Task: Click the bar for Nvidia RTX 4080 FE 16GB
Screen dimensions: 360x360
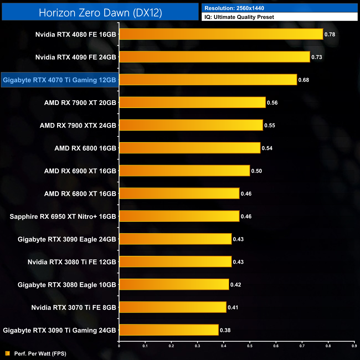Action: tap(221, 34)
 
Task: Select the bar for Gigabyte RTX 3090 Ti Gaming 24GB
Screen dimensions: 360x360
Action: tap(169, 330)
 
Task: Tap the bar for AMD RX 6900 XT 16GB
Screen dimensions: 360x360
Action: tap(184, 171)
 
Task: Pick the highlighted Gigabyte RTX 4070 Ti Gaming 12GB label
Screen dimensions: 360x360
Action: tap(60, 80)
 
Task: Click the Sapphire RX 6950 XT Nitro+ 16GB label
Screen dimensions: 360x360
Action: tap(63, 217)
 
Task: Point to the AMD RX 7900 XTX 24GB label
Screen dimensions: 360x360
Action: tap(78, 125)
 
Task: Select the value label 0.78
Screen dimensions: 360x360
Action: tap(330, 34)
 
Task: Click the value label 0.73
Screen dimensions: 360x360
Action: tap(317, 57)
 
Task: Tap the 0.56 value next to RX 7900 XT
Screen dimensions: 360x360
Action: tap(272, 103)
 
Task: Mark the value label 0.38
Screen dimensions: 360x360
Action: tap(225, 330)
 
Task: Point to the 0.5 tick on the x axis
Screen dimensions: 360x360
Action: tap(250, 346)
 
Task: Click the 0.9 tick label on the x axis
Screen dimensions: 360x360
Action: tap(354, 346)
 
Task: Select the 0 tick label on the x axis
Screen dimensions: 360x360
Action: tap(119, 346)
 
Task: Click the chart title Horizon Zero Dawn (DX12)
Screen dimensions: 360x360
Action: tap(100, 12)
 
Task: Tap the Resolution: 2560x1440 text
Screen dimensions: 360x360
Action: tap(234, 8)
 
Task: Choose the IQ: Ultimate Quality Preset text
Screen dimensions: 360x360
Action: tap(239, 17)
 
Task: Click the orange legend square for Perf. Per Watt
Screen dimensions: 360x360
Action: tap(7, 353)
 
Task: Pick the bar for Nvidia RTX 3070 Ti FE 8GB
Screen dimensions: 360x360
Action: tap(173, 307)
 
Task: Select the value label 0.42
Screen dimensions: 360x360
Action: tap(236, 285)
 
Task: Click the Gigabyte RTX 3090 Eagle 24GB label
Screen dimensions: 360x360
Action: tap(67, 239)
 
